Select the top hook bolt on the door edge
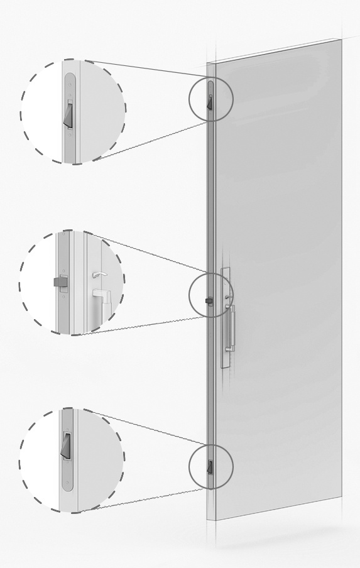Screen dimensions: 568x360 pyautogui.click(x=210, y=99)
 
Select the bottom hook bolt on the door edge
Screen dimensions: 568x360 pyautogui.click(x=210, y=466)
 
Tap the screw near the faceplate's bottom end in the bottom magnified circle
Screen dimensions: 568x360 pyautogui.click(x=66, y=484)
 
